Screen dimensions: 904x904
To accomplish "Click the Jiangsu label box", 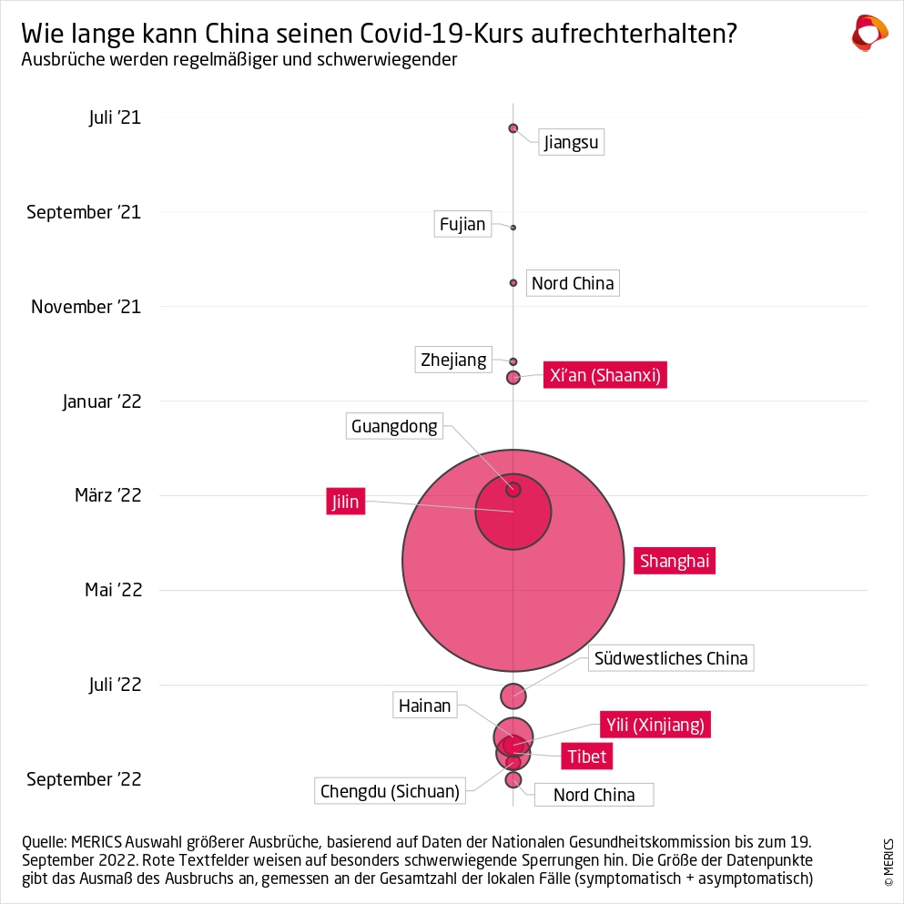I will point(571,142).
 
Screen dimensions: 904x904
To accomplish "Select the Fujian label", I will point(462,224).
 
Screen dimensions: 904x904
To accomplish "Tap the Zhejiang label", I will point(453,360).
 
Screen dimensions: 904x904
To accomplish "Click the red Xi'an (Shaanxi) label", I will point(605,375).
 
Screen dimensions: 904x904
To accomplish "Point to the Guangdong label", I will point(394,426).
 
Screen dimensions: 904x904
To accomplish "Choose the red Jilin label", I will point(345,502).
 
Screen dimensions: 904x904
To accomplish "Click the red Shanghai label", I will point(675,561).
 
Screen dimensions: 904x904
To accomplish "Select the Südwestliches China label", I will point(671,657).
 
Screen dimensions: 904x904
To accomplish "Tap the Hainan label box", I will point(424,705).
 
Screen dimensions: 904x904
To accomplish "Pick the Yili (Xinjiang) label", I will point(655,725).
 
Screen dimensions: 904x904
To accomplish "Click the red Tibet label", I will point(586,757).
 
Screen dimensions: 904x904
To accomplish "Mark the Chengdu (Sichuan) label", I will point(390,790).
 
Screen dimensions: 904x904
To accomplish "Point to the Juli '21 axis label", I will point(115,117).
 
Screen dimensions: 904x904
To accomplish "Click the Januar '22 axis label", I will point(102,401).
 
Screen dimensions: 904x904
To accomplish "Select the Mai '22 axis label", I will point(114,590).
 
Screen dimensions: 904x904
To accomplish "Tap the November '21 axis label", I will point(86,307).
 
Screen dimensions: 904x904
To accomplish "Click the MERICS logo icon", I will point(868,34).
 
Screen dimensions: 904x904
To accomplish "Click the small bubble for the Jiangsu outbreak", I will point(513,128).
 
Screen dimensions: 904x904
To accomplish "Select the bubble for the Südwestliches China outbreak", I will point(513,696).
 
